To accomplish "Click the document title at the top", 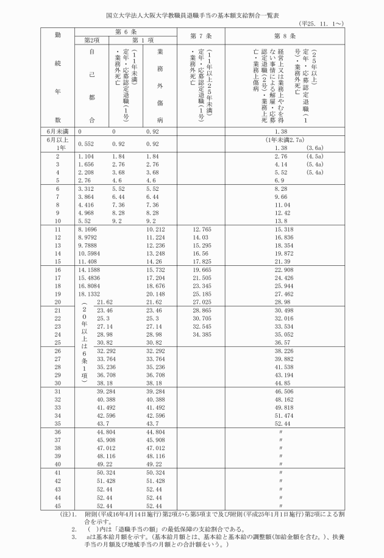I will click(x=191, y=12).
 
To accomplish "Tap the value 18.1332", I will click(x=90, y=293).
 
